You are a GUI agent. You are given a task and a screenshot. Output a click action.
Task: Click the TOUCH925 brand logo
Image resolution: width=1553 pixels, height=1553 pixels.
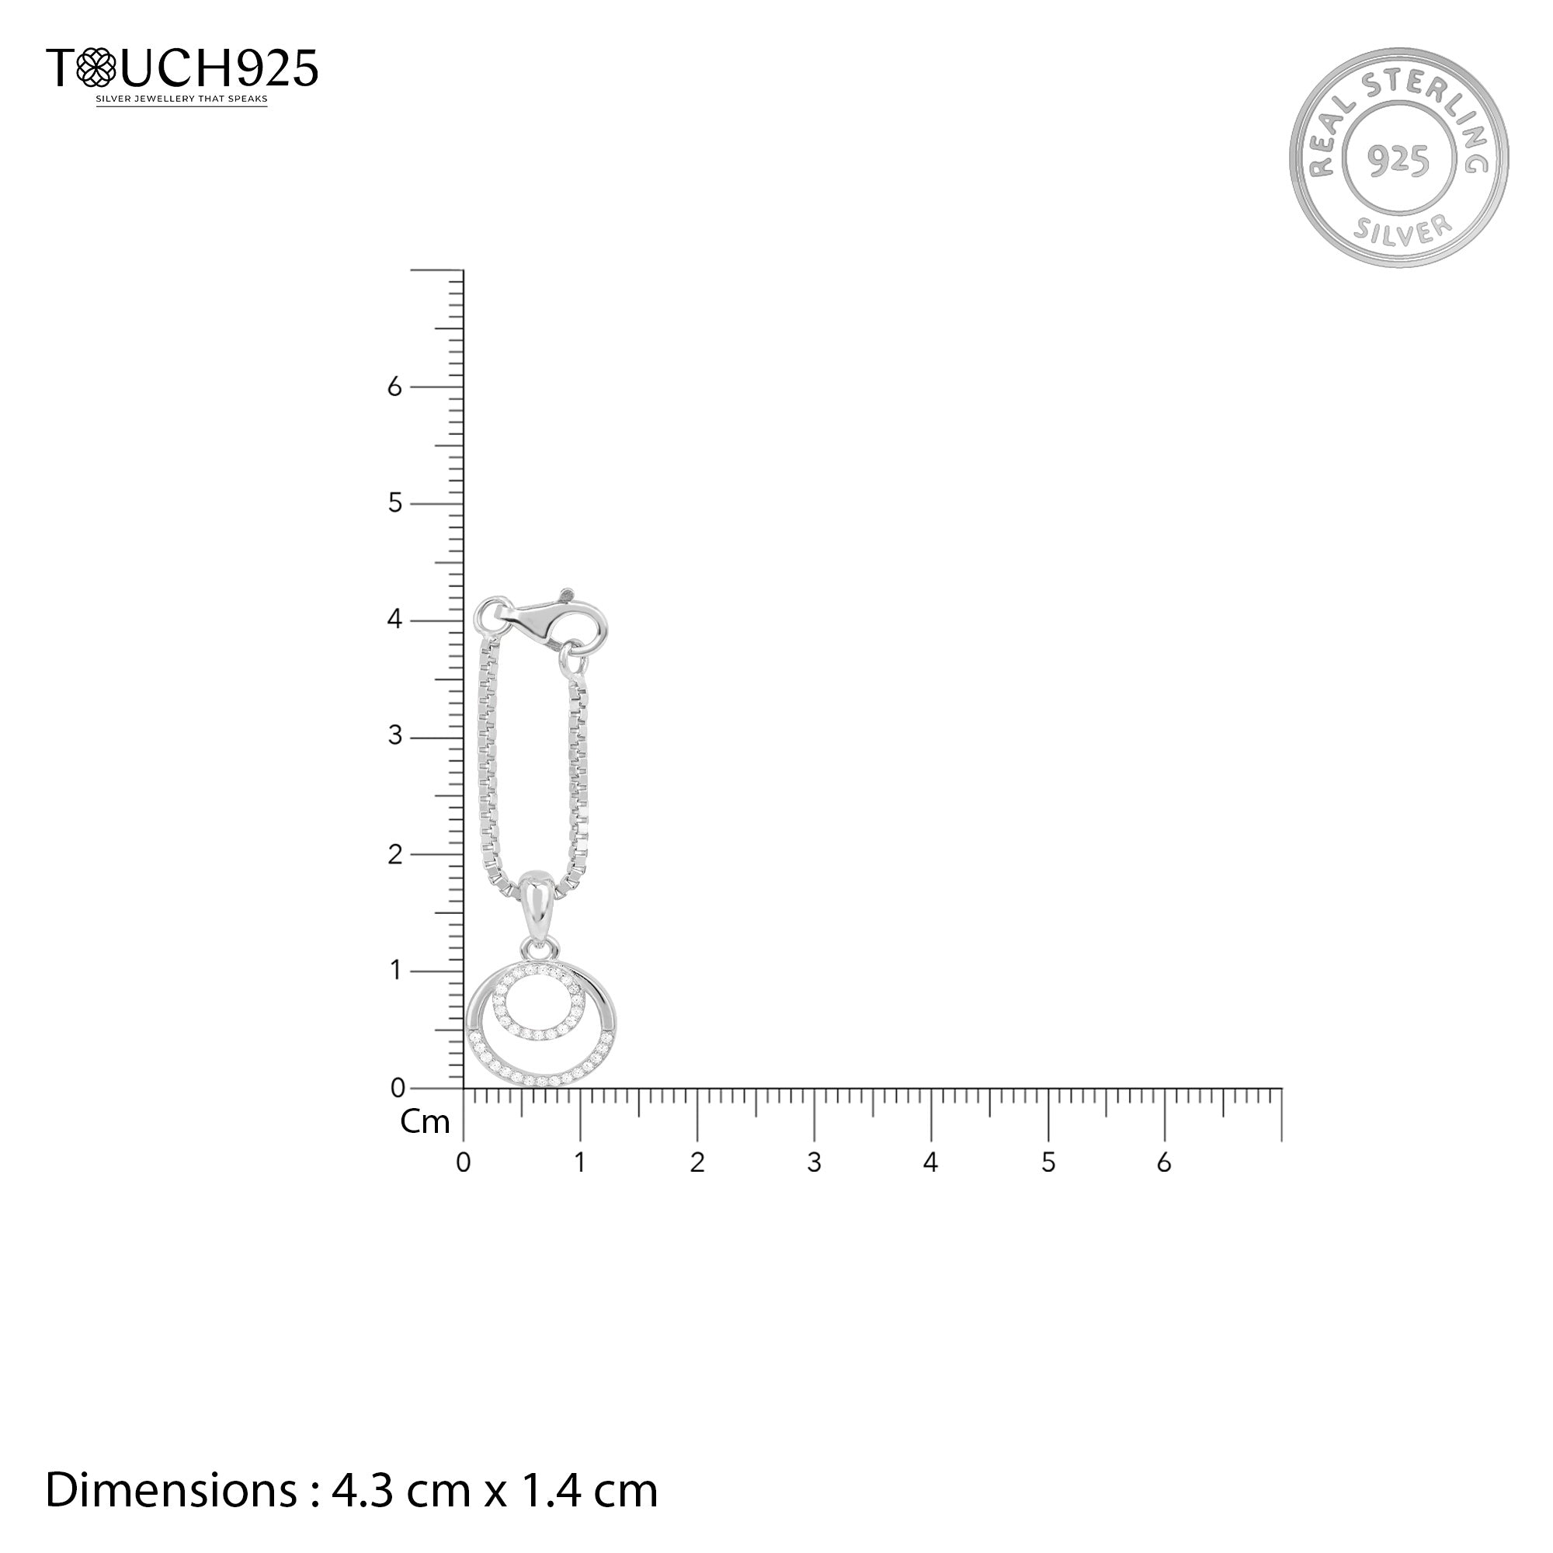click(182, 68)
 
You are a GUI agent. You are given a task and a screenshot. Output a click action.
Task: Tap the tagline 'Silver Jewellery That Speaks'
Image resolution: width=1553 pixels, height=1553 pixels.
click(182, 99)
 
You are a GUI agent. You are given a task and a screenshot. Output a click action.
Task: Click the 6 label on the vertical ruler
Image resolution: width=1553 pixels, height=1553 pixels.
click(394, 387)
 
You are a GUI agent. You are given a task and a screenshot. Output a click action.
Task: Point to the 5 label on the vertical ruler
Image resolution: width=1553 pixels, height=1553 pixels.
click(394, 504)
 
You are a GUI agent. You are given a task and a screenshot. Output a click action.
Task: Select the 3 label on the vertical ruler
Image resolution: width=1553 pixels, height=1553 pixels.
click(394, 736)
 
